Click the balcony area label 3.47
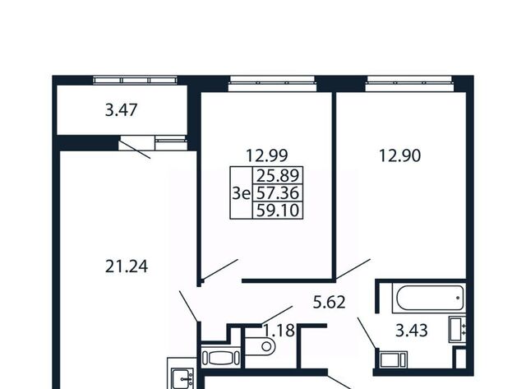click(121, 110)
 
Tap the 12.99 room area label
click(266, 155)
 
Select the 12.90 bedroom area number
click(399, 155)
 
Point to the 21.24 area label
click(127, 266)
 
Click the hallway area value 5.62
click(329, 303)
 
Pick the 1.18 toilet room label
click(279, 331)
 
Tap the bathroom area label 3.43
click(412, 331)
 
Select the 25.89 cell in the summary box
click(278, 175)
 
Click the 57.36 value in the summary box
click(278, 193)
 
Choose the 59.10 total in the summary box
click(278, 211)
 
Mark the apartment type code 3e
click(242, 193)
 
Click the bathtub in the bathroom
click(429, 298)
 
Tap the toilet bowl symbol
click(260, 346)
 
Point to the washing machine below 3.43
click(393, 359)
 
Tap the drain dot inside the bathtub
click(458, 298)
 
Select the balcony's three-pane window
click(135, 80)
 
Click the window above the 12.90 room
click(409, 82)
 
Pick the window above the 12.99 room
click(272, 82)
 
